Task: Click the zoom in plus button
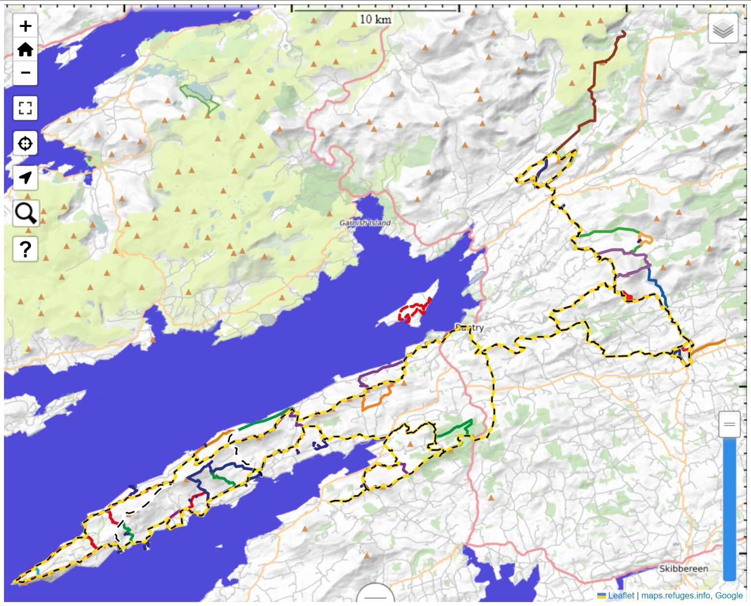coord(25,26)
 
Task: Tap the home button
coord(25,49)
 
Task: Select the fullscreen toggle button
coord(25,108)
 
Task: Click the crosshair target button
coord(25,144)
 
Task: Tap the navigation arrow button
coord(25,178)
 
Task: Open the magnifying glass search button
coord(25,213)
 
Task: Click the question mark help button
coord(25,249)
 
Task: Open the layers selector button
coord(723,29)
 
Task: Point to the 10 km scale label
coord(375,20)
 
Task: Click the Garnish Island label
coord(365,223)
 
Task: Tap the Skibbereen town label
coord(683,569)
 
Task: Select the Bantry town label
coord(469,327)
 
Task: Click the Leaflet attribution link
coord(620,595)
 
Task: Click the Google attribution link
coord(729,595)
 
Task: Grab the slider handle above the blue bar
coord(729,424)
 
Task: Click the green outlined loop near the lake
coord(199,98)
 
